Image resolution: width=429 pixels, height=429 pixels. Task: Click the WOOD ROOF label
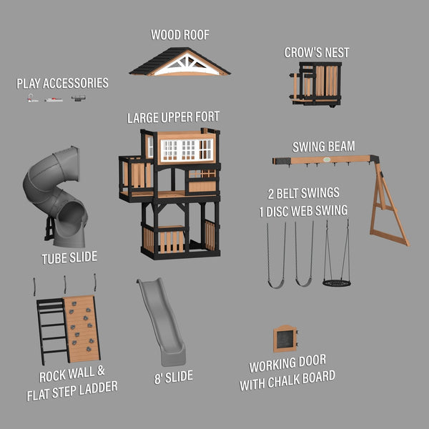[180, 35]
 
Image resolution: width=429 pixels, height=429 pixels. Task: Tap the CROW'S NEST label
[317, 52]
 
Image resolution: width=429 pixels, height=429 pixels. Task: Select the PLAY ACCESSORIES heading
[62, 83]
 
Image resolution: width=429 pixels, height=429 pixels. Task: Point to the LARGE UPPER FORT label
[173, 117]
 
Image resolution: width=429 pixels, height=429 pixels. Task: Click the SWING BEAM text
[324, 147]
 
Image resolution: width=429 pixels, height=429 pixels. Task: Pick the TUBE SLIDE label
[69, 257]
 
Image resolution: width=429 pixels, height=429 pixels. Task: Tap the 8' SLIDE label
[174, 377]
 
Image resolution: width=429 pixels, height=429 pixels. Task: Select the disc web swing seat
[337, 283]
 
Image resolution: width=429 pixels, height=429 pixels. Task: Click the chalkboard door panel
[285, 339]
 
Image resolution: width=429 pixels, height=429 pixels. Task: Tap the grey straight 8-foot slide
[162, 322]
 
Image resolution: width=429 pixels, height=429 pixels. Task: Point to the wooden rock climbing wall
[82, 329]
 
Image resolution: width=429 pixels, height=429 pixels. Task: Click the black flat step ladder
[52, 332]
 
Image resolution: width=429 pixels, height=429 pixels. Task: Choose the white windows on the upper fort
[187, 149]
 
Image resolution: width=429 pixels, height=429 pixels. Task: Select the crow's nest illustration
[316, 84]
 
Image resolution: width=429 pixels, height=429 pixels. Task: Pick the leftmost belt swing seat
[276, 285]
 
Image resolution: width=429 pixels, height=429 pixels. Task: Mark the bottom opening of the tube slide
[70, 216]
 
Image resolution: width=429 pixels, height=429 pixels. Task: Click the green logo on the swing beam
[327, 159]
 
